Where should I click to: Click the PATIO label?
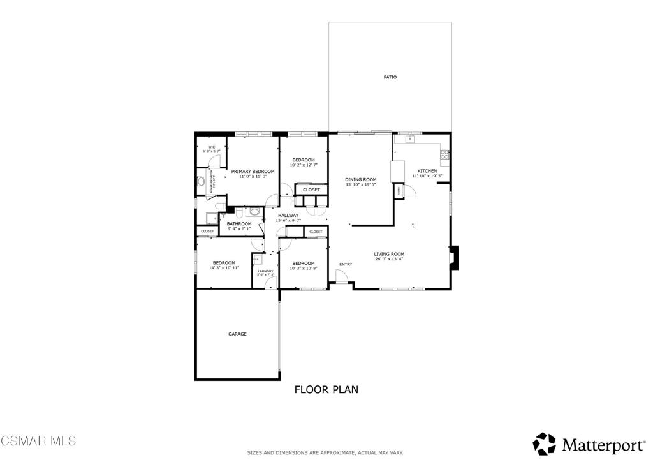pos(390,77)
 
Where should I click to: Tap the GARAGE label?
pos(237,334)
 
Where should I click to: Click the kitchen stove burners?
pos(445,154)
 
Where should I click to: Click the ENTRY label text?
pos(346,264)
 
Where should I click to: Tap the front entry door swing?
pos(342,275)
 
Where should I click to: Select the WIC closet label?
pos(211,147)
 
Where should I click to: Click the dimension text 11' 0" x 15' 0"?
pos(253,177)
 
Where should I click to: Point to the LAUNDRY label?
pos(265,271)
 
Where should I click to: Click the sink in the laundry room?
pos(257,259)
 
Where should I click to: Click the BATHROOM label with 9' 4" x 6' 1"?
pos(240,224)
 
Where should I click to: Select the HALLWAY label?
pos(288,216)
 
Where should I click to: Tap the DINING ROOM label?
pos(361,180)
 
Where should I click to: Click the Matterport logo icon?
pos(544,443)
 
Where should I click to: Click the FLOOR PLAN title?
pos(326,389)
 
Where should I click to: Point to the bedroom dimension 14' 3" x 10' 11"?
pos(224,268)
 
